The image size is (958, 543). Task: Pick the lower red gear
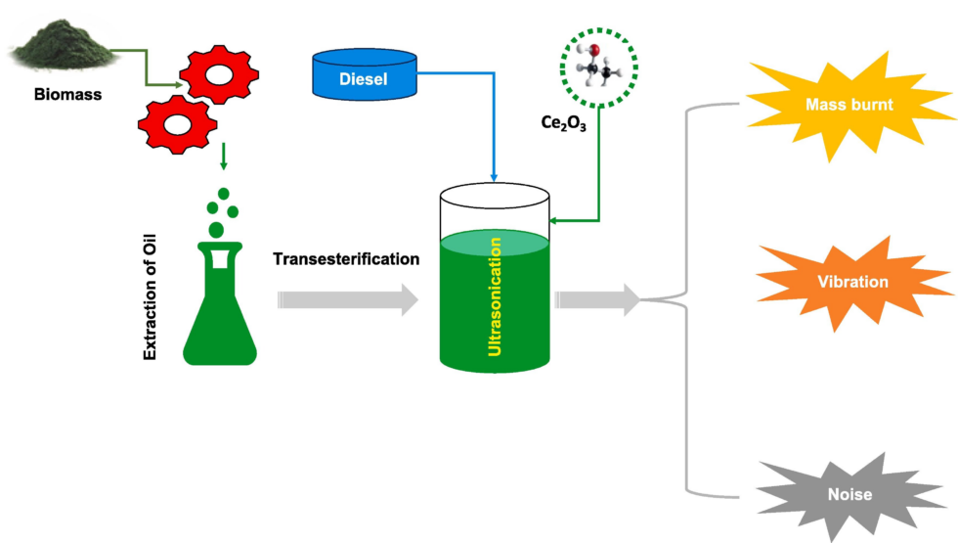(176, 121)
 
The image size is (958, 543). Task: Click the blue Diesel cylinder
(364, 75)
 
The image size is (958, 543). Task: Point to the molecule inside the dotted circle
(596, 67)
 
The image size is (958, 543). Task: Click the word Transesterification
(346, 259)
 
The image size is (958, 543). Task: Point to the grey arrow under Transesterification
(348, 299)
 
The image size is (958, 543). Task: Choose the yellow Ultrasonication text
(495, 293)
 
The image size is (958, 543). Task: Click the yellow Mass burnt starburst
(849, 104)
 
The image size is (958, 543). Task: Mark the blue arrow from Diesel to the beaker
(495, 127)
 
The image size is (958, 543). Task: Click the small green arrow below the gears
(225, 156)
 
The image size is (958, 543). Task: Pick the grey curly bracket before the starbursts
(689, 297)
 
